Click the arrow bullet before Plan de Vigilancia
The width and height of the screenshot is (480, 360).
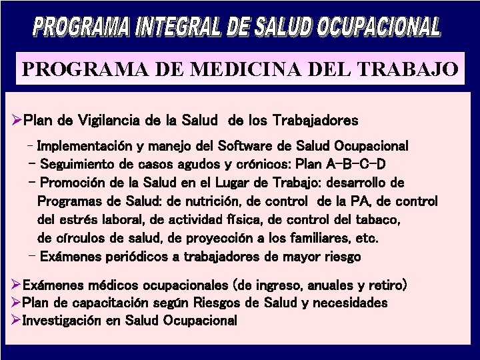tap(17, 121)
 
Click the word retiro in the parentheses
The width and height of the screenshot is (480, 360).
tap(385, 285)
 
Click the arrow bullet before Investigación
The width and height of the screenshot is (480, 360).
tap(17, 320)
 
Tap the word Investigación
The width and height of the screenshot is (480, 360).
tap(65, 320)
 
